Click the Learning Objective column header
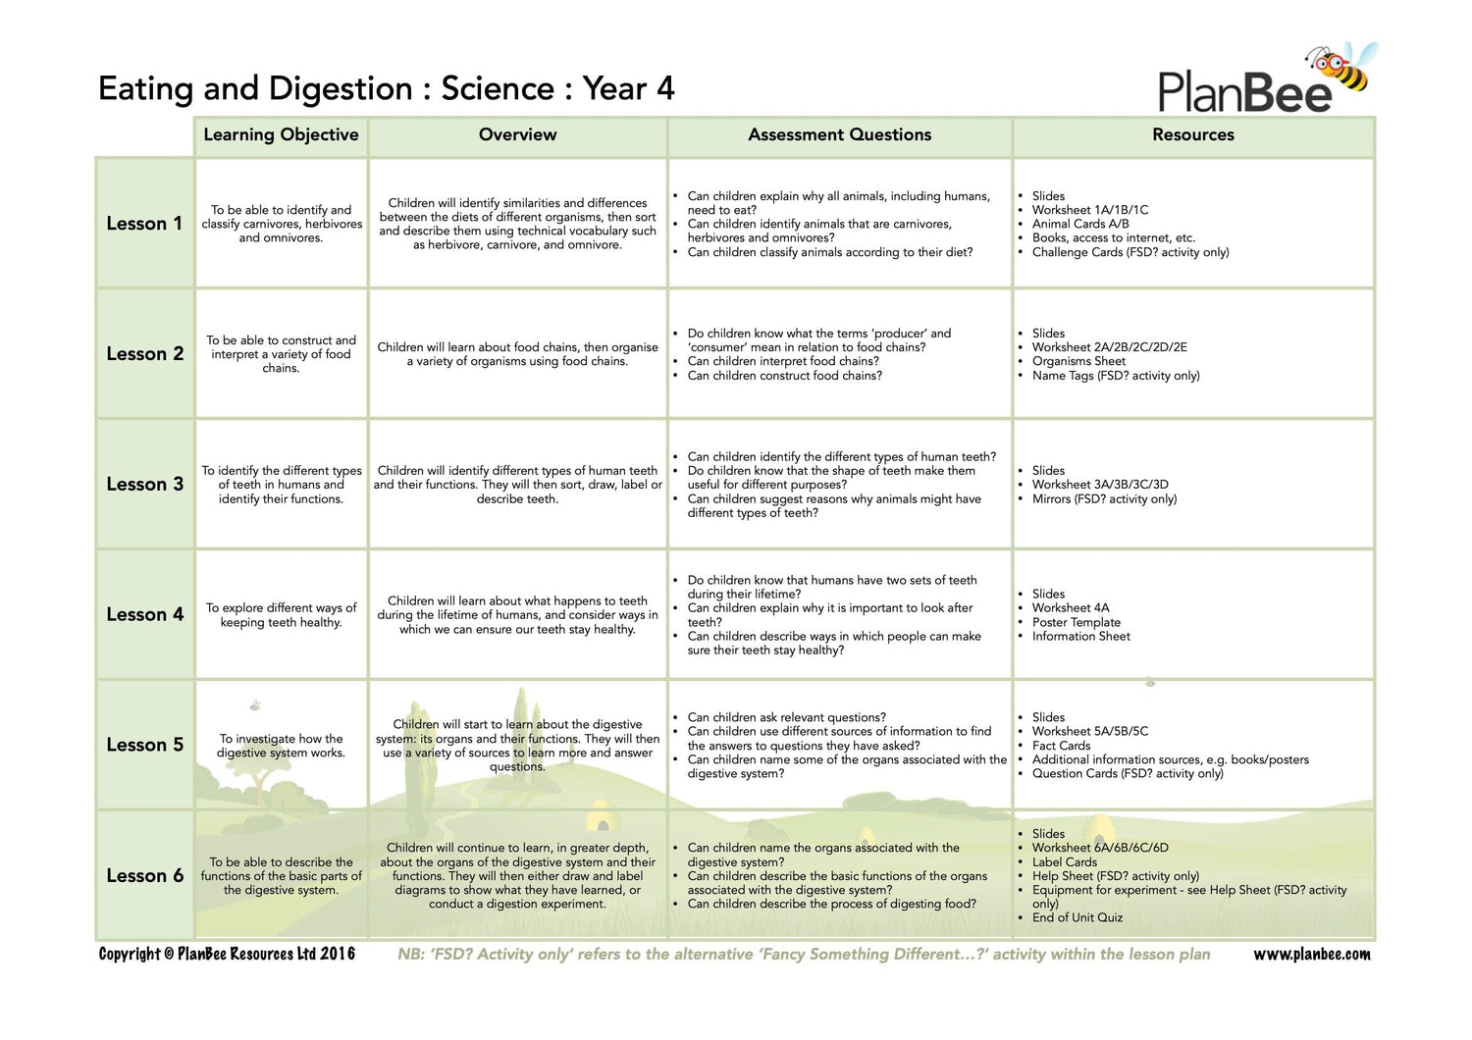pos(281,135)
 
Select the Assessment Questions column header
pos(839,135)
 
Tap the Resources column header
pos(1192,135)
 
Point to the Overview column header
pos(517,135)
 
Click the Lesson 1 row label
pos(144,224)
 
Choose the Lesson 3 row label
pos(144,485)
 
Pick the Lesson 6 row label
pos(144,876)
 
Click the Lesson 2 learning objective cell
pos(281,354)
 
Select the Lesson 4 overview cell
pos(517,615)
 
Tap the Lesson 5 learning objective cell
pos(281,746)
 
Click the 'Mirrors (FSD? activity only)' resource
pos(1104,498)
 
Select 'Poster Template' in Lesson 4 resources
pos(1076,622)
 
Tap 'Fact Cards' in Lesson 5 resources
pos(1061,746)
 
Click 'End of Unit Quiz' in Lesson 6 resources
pos(1077,917)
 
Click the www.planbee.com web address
pos(1311,954)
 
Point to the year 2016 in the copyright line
pos(338,954)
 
